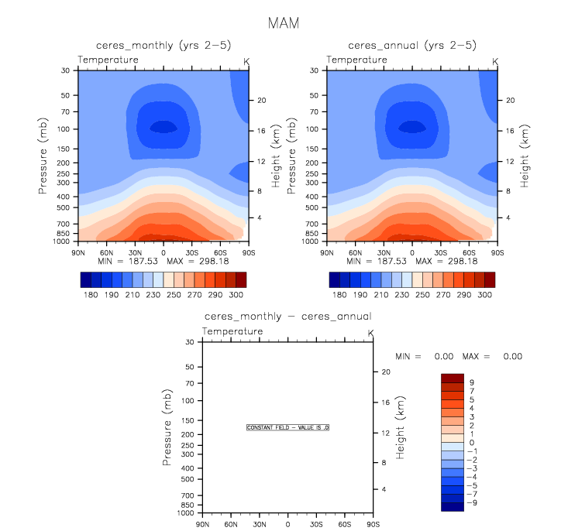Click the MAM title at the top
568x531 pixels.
click(284, 23)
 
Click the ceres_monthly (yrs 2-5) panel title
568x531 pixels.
click(163, 46)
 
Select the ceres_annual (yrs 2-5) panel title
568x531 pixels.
click(411, 46)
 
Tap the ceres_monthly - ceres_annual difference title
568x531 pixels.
click(287, 316)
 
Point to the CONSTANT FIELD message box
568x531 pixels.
click(288, 427)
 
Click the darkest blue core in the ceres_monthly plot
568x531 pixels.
click(163, 126)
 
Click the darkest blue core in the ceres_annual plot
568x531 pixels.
click(411, 126)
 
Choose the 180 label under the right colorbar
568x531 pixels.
click(338, 296)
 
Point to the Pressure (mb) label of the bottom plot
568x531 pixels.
click(168, 427)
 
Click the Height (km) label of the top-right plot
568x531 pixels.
click(525, 156)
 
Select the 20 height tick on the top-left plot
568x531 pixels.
click(262, 101)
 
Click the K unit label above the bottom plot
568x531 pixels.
click(370, 333)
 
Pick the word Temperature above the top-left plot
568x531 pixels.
click(108, 60)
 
